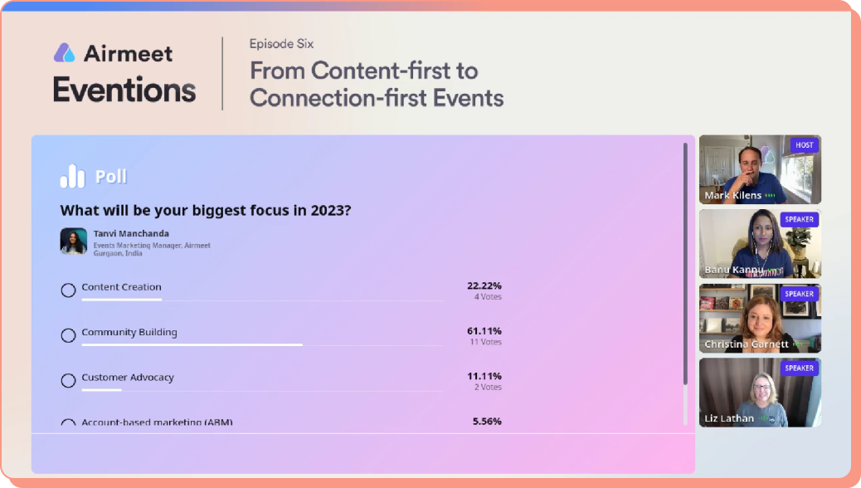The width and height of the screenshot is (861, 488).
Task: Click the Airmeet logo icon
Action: tap(65, 53)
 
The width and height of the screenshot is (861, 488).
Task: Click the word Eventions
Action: tap(124, 90)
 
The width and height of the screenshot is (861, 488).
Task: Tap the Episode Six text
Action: tap(281, 44)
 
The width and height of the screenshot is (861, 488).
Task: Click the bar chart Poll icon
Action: tap(72, 176)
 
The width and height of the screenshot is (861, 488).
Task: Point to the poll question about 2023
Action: tap(206, 210)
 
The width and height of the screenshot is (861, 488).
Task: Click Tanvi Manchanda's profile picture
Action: tap(74, 241)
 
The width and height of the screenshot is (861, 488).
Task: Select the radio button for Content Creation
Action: tap(69, 290)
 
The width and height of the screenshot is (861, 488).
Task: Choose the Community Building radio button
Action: tap(69, 335)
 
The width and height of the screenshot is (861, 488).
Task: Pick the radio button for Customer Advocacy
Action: tap(69, 381)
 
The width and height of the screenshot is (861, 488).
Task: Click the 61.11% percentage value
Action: tap(484, 330)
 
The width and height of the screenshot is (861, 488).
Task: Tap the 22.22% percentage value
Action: tap(484, 285)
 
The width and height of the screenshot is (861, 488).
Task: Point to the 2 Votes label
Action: tap(488, 388)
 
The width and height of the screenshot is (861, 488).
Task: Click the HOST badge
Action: tap(805, 145)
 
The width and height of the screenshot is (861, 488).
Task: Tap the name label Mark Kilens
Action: tap(733, 196)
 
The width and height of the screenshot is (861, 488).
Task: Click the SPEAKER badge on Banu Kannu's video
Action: tap(800, 219)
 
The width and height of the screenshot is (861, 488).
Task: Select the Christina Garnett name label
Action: tap(746, 344)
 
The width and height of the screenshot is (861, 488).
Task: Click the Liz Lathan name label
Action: tap(729, 418)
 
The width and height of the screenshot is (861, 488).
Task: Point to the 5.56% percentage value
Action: tap(487, 422)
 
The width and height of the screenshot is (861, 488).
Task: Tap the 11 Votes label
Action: tap(486, 342)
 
